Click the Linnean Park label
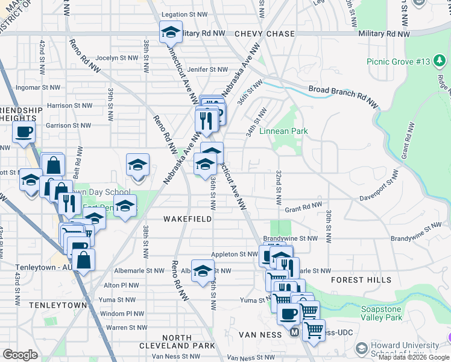[x=283, y=131]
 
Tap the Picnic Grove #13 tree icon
[x=440, y=62]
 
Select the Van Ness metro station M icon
[x=294, y=332]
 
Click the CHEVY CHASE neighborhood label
[x=264, y=34]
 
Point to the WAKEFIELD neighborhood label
[x=188, y=219]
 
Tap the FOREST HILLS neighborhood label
[x=361, y=280]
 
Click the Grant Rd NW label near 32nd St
[x=303, y=208]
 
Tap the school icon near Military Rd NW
[x=171, y=31]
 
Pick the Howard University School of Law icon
[x=361, y=349]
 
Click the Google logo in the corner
[x=20, y=355]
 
